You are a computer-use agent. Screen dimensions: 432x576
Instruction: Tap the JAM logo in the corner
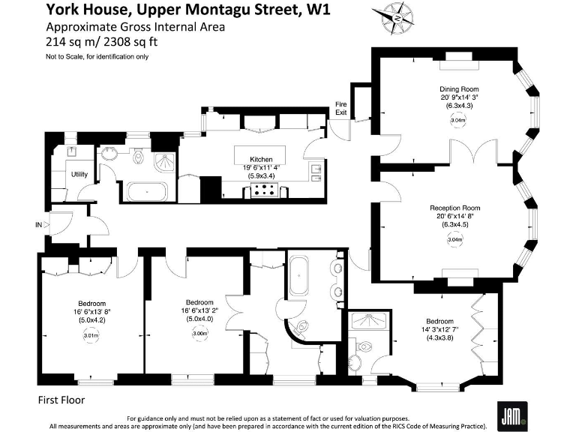coord(511,412)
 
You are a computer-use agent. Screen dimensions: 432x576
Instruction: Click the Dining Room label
coord(459,88)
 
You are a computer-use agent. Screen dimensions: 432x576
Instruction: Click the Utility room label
coord(79,175)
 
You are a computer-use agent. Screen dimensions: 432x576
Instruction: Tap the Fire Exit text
coord(341,108)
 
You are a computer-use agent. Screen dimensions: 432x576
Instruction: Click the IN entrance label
coord(38,224)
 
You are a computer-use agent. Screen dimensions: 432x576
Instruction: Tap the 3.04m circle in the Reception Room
coord(454,240)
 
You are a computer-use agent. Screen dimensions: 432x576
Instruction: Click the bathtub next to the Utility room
coord(147,192)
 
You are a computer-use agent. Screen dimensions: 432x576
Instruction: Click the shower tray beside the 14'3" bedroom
coord(370,321)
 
